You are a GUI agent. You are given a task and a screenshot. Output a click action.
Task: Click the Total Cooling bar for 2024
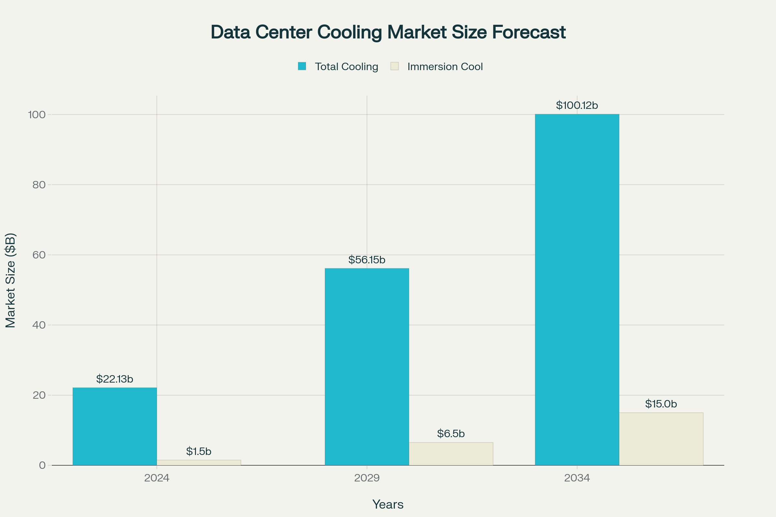(x=114, y=426)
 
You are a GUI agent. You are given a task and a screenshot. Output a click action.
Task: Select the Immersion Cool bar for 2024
(x=199, y=463)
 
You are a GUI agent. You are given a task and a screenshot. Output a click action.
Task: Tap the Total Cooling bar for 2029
(x=367, y=367)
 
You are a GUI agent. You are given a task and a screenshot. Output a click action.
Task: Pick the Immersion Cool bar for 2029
(x=451, y=454)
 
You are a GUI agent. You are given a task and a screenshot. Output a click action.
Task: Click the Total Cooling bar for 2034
(x=577, y=290)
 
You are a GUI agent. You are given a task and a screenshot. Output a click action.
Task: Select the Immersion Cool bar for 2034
(x=661, y=439)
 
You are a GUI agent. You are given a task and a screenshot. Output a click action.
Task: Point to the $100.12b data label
(x=577, y=106)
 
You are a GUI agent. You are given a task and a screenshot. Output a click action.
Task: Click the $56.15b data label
(x=367, y=260)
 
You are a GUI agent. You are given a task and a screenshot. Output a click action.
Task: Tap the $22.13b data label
(x=114, y=379)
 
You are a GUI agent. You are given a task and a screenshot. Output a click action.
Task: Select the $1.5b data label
(x=199, y=451)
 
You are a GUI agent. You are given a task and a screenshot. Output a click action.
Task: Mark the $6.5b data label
(x=451, y=433)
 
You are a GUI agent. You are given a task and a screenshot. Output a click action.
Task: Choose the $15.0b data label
(x=661, y=404)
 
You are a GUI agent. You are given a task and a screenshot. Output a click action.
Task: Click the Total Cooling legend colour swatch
(x=302, y=66)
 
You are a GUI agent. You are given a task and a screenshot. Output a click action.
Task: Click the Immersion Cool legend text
(x=445, y=67)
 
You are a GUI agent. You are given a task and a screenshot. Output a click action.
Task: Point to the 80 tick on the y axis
(x=39, y=185)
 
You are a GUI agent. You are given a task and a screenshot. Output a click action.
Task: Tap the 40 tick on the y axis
(x=39, y=325)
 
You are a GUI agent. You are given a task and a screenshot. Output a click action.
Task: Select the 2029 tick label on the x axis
(x=367, y=478)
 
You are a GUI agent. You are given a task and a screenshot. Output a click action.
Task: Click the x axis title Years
(x=388, y=504)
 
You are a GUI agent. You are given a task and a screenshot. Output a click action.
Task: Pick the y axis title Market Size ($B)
(x=11, y=280)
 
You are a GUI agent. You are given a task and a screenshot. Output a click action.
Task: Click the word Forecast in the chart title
(x=529, y=32)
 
